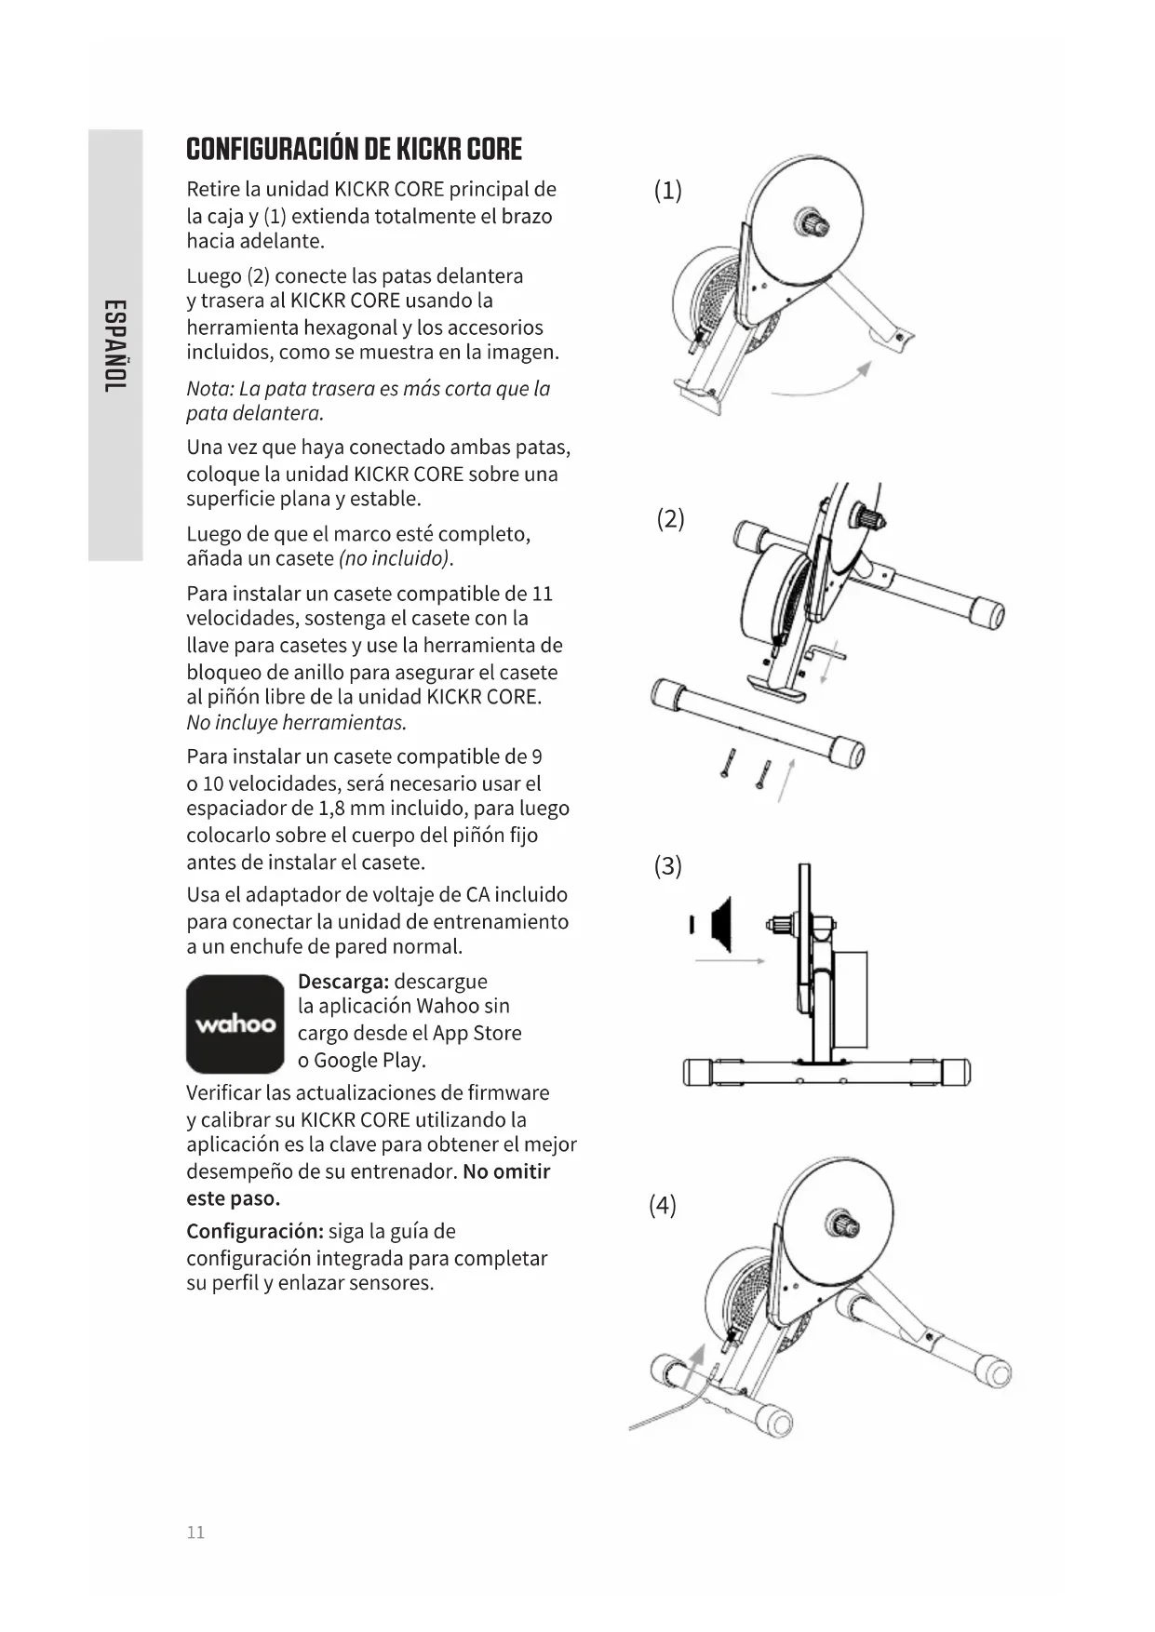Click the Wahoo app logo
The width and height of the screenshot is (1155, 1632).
tap(235, 1023)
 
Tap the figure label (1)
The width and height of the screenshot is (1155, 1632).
tap(667, 191)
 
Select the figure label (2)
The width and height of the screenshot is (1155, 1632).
tap(670, 518)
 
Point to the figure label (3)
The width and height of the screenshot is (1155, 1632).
tap(667, 866)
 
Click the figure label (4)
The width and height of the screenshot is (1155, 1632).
tap(662, 1205)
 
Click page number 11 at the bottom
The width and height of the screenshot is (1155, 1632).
tap(195, 1532)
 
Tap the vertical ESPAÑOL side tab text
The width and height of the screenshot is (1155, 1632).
tap(114, 345)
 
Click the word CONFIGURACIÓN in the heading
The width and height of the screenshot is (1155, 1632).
tap(272, 149)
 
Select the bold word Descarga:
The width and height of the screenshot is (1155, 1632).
tap(342, 982)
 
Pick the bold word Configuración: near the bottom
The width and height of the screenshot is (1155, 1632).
tap(254, 1231)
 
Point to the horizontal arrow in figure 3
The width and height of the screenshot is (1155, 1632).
tap(730, 960)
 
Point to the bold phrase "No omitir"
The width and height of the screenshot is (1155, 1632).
tap(506, 1171)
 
